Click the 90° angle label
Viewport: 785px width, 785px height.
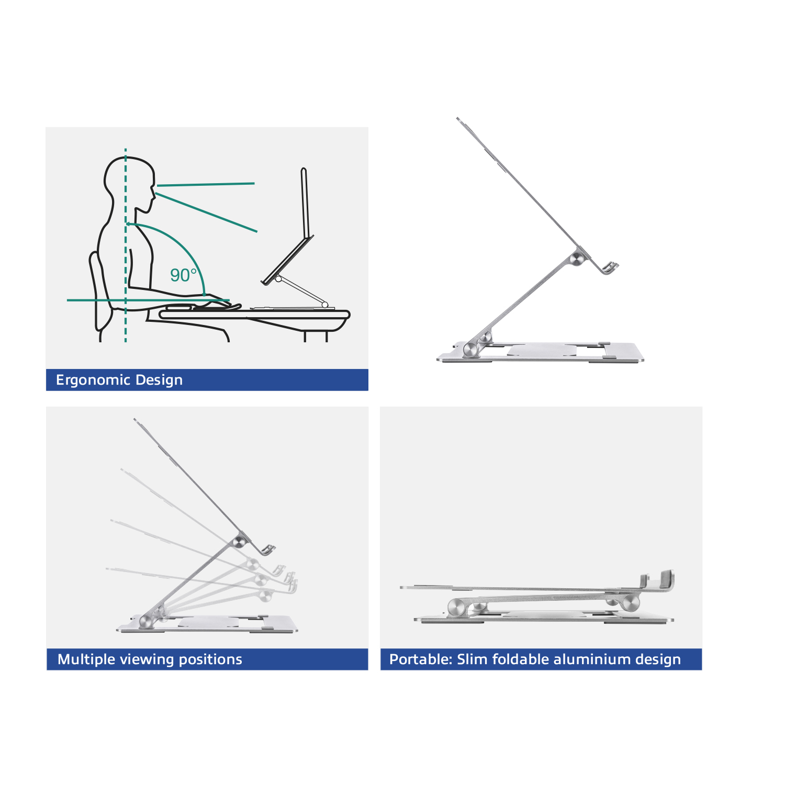(183, 275)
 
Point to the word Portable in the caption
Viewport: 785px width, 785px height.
(420, 659)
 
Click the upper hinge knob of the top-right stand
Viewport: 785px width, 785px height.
(577, 259)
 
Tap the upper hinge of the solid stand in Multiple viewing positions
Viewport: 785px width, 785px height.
(241, 540)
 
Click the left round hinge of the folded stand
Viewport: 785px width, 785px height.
(457, 608)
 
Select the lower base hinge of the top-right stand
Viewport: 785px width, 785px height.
(472, 350)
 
